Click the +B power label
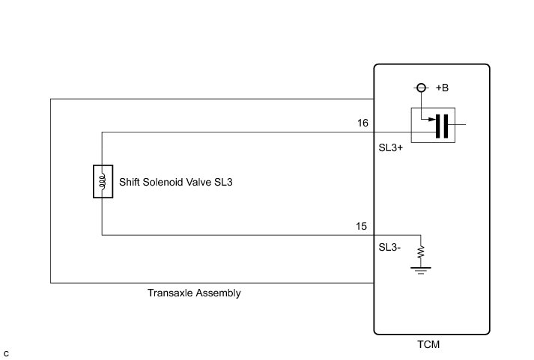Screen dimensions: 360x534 coord(442,88)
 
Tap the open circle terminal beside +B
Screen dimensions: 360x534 coord(422,88)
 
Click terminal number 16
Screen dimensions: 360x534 coord(362,123)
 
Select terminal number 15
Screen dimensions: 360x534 coord(362,226)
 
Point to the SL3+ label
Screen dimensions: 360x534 coord(391,148)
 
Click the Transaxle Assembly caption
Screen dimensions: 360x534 coord(194,293)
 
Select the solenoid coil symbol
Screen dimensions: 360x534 coord(102,182)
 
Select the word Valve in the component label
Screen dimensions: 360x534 coord(202,182)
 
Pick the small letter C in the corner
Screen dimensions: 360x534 coord(6,352)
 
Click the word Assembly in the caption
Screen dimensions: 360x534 coord(217,293)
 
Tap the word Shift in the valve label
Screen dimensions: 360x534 coord(132,182)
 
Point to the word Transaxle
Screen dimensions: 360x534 coord(169,293)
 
